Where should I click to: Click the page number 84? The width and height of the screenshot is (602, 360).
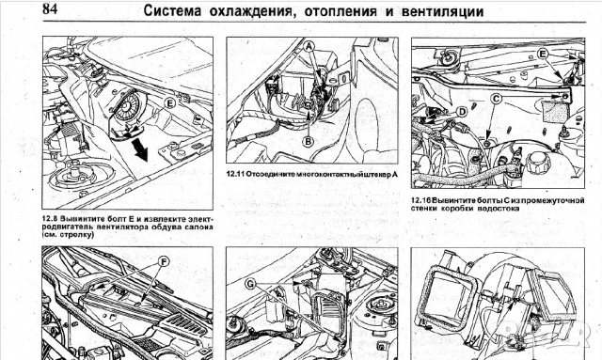(x=50, y=8)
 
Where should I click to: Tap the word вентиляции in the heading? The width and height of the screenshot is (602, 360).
(x=443, y=11)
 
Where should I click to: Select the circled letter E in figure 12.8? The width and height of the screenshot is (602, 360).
(x=169, y=103)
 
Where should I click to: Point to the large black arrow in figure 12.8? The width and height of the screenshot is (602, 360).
(x=140, y=149)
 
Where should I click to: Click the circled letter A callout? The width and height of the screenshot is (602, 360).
(x=309, y=47)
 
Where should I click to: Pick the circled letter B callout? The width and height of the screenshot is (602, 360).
(x=309, y=142)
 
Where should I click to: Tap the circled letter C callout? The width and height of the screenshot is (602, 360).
(x=497, y=99)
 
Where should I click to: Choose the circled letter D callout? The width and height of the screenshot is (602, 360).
(x=463, y=112)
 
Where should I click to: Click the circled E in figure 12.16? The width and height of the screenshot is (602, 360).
(x=542, y=55)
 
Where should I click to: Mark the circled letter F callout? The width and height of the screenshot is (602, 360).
(x=164, y=262)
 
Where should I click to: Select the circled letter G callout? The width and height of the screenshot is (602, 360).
(x=250, y=284)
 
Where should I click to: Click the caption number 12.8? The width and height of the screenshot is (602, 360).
(x=50, y=219)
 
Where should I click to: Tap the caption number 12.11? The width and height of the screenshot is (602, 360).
(x=235, y=174)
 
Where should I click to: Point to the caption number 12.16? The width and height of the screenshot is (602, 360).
(x=420, y=200)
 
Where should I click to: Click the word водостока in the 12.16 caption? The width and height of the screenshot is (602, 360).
(x=499, y=209)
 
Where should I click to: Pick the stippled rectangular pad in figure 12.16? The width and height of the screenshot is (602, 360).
(x=554, y=111)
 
